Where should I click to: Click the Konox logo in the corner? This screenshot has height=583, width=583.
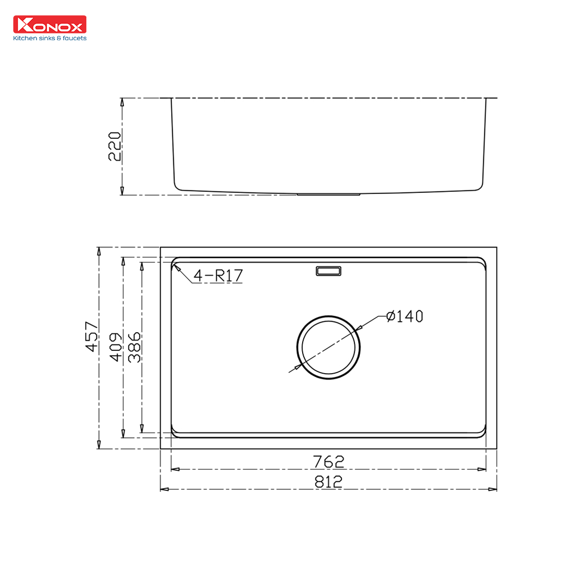click(49, 25)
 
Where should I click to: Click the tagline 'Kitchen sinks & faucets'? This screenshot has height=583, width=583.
click(49, 38)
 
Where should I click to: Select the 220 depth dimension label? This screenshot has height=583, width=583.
click(114, 146)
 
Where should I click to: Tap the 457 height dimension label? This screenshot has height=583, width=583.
click(92, 336)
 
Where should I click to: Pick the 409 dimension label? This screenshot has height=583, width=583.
click(116, 347)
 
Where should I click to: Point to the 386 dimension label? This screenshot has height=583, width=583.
click(135, 347)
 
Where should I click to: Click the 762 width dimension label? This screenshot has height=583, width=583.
click(329, 462)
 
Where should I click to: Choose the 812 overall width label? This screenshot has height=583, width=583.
click(329, 482)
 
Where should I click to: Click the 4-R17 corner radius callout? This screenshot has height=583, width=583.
click(218, 276)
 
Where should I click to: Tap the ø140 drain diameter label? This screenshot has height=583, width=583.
click(405, 316)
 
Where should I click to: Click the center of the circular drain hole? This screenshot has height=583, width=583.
click(329, 348)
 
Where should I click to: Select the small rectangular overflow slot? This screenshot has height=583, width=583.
click(329, 271)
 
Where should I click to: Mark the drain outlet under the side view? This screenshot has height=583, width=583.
click(329, 195)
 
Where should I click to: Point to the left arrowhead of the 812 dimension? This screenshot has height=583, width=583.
click(164, 489)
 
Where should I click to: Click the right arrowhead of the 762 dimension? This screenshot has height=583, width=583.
click(482, 469)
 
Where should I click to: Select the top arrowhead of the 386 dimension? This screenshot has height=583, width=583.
click(142, 266)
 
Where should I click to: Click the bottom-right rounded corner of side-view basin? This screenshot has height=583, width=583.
click(479, 185)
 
